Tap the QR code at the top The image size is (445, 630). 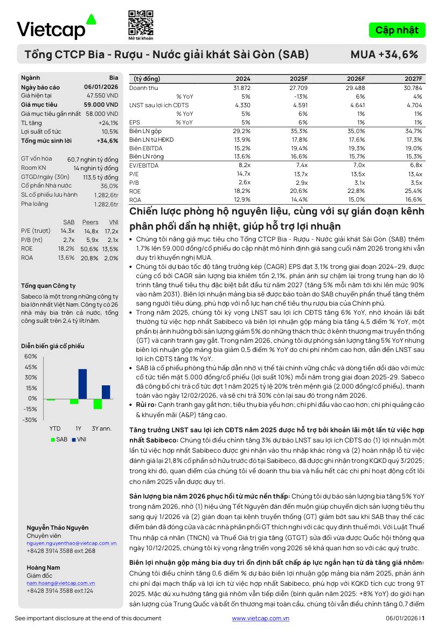[x=140, y=22]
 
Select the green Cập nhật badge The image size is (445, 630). [x=397, y=30]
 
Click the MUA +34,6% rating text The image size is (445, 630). [x=384, y=54]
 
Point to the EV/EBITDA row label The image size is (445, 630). [x=144, y=165]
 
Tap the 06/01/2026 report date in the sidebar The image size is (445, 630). [x=101, y=87]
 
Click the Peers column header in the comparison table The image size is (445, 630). [x=90, y=222]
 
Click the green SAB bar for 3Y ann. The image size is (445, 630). [x=98, y=404]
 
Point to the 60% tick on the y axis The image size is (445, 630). [x=31, y=357]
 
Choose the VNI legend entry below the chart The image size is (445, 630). [x=79, y=439]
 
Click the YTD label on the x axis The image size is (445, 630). [x=55, y=428]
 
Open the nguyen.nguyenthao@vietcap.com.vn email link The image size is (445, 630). [x=72, y=543]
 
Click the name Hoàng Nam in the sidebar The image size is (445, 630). [x=43, y=567]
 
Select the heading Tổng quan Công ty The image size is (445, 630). [x=48, y=286]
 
